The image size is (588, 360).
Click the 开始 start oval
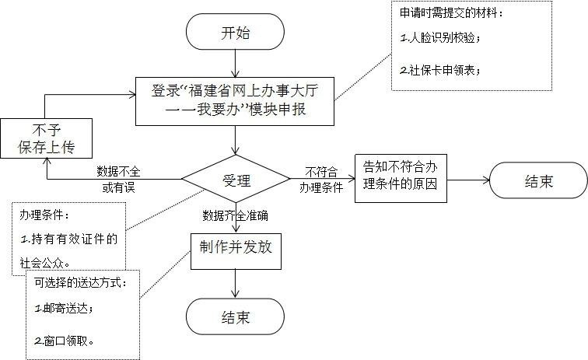[235, 34]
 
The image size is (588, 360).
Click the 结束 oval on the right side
[538, 182]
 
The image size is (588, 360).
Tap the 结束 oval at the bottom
[235, 317]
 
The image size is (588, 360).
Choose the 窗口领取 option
[65, 341]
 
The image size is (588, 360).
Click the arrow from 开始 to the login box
[235, 65]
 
